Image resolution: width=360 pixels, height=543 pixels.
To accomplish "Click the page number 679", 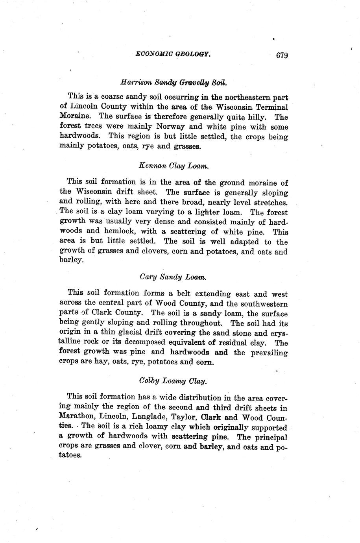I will click(x=282, y=55).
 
